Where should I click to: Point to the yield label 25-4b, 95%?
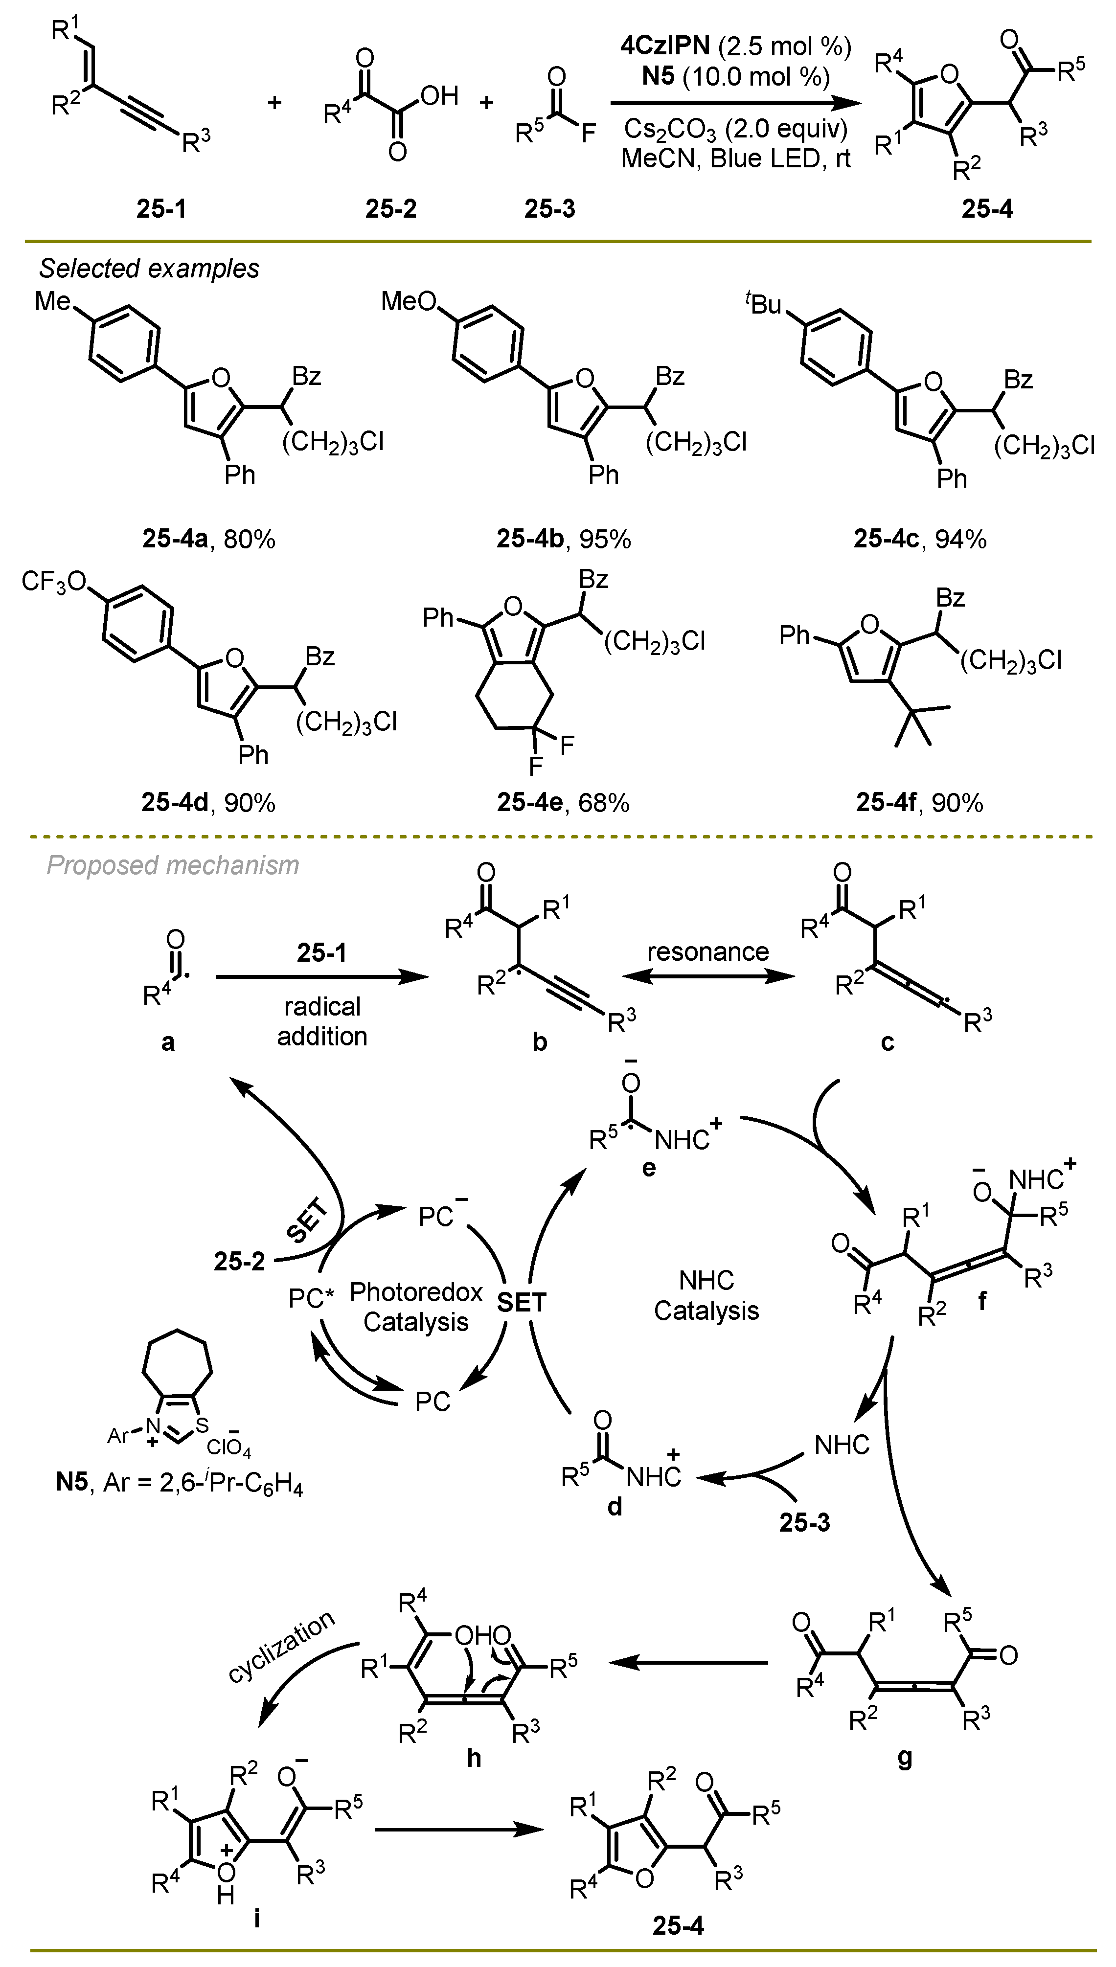click(563, 540)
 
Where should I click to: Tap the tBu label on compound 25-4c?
click(763, 304)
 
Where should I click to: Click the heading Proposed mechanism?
click(172, 865)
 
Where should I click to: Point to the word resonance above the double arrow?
click(707, 951)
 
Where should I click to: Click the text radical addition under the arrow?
click(322, 1021)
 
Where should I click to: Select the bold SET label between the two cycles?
click(521, 1303)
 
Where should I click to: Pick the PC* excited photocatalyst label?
click(311, 1299)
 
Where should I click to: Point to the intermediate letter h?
click(474, 1757)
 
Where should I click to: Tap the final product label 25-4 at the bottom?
click(678, 1925)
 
